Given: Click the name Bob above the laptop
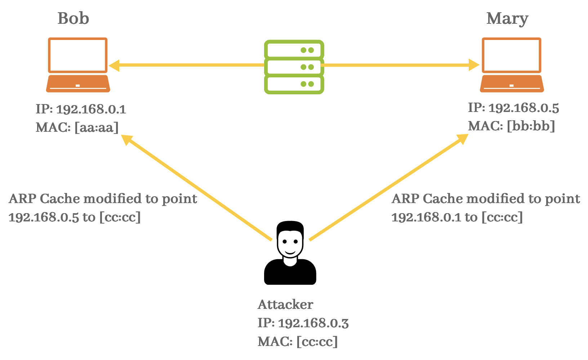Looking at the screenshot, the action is point(73,18).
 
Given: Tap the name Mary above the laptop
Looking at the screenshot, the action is point(507,19).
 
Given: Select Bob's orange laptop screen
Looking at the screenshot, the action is point(78,55).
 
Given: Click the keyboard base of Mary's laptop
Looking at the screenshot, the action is point(512,84).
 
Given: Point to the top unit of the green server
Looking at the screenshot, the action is point(294,50).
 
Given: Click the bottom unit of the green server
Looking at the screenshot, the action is point(294,85).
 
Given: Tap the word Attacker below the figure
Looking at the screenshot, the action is point(285,305).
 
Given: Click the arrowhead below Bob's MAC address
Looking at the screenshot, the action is point(127,140).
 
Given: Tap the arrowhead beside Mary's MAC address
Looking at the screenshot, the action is point(462,139).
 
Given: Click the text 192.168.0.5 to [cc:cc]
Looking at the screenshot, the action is point(75,217).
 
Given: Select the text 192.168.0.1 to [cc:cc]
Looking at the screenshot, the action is point(457,217).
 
